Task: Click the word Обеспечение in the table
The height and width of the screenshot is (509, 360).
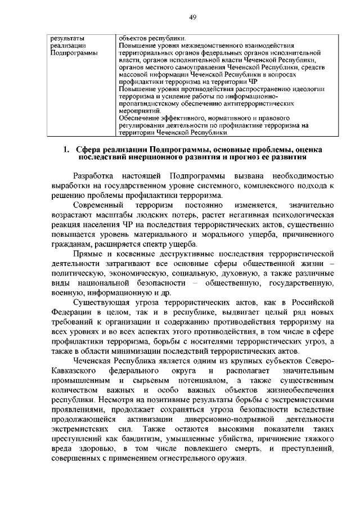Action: [139, 119]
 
